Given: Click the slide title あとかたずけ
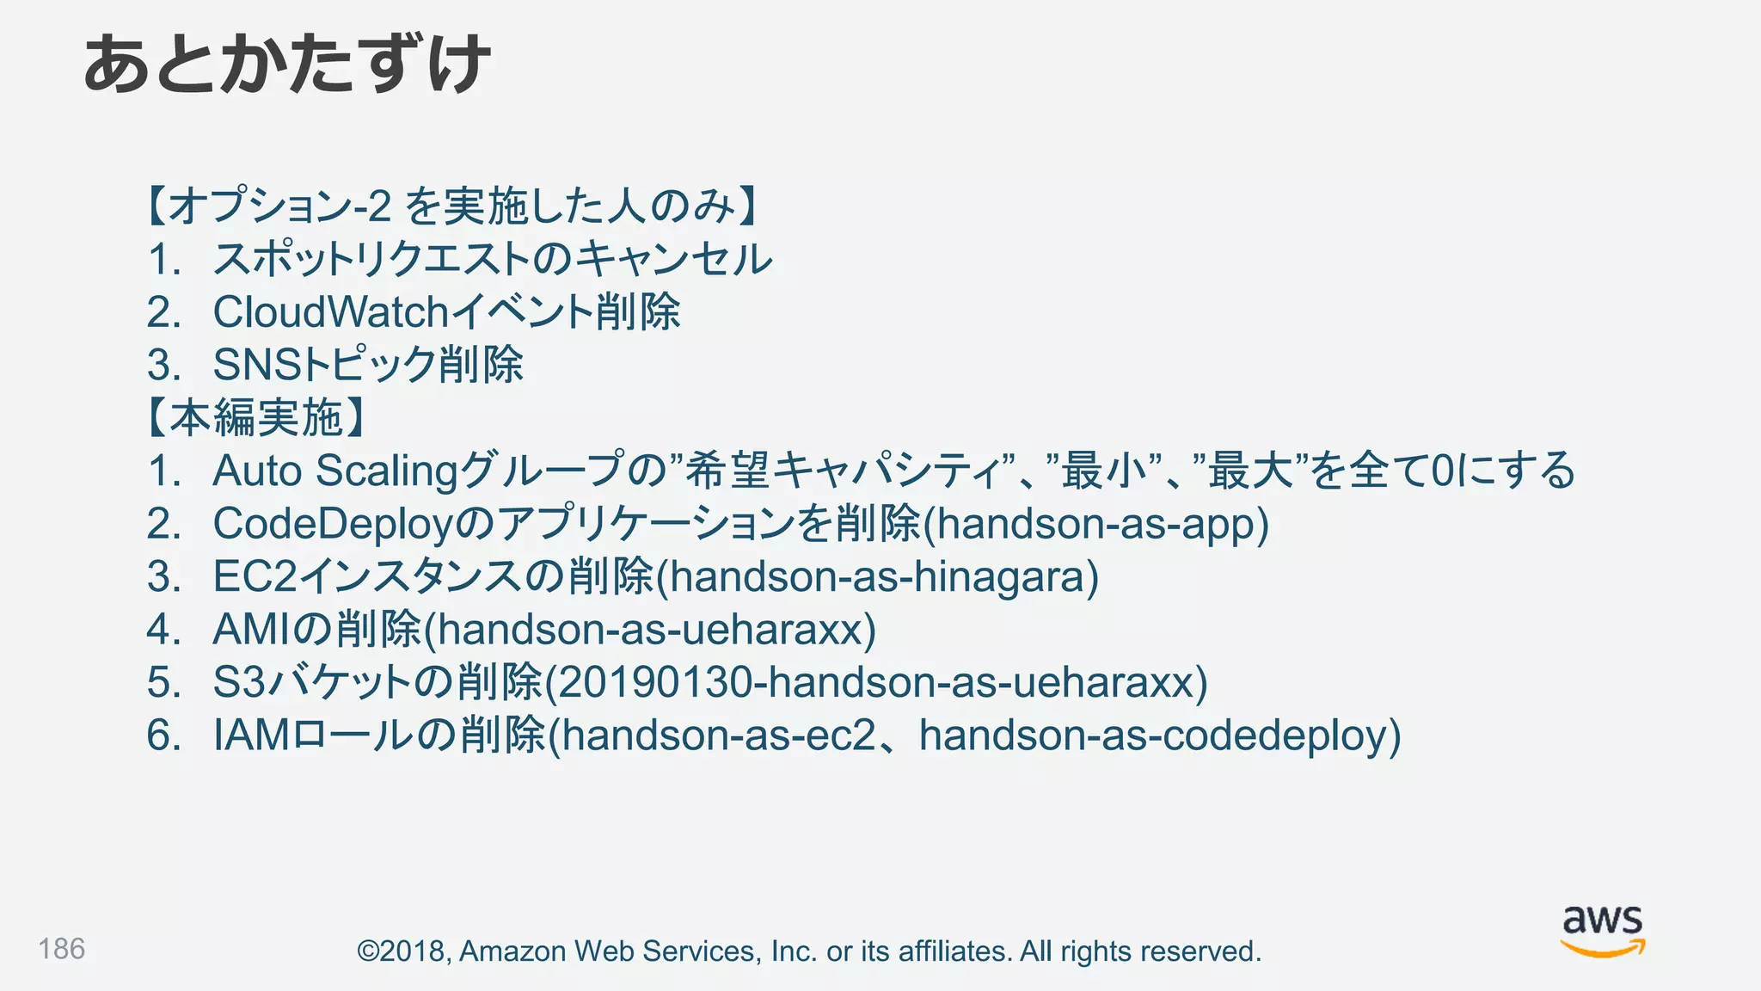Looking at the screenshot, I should [x=287, y=65].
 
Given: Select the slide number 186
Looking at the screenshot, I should [x=61, y=949].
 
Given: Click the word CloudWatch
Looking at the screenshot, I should [x=331, y=312].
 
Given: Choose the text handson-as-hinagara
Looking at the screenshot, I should [x=877, y=577].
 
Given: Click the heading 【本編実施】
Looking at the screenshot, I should [x=256, y=418].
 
